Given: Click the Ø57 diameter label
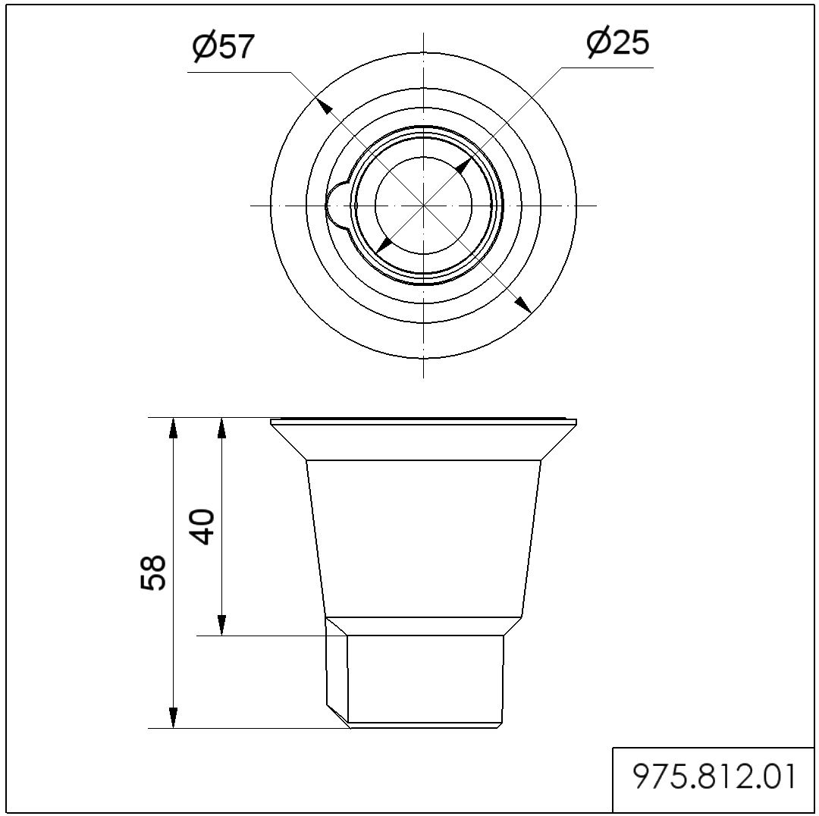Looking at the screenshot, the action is pyautogui.click(x=223, y=46).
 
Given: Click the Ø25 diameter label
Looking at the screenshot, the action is pyautogui.click(x=617, y=42).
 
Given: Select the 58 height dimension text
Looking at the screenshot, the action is pyautogui.click(x=153, y=573).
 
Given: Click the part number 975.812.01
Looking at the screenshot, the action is pyautogui.click(x=714, y=777).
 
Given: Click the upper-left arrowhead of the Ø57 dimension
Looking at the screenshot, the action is pyautogui.click(x=325, y=106).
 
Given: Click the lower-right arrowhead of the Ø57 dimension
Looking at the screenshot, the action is pyautogui.click(x=522, y=305).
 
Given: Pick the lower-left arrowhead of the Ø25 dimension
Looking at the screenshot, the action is pyautogui.click(x=384, y=244).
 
